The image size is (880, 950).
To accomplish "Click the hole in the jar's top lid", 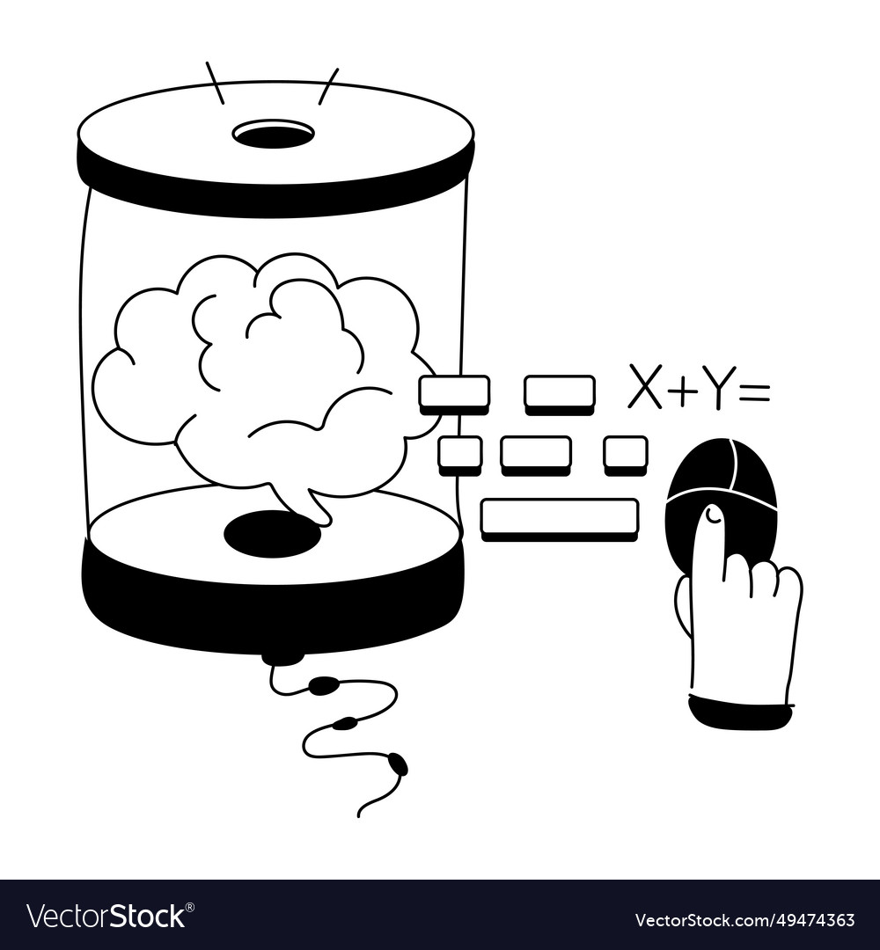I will (x=273, y=135).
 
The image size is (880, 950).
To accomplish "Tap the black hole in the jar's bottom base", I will (x=272, y=533).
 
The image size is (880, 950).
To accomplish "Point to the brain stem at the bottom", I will (x=304, y=504).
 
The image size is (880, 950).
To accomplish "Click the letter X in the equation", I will (x=644, y=387).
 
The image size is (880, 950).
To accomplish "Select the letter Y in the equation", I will (x=719, y=388).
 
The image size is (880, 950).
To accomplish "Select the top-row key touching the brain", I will (x=454, y=393).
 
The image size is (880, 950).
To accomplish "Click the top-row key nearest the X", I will (x=560, y=393).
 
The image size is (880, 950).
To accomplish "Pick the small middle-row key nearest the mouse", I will (x=626, y=454).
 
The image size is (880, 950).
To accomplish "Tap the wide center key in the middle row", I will (x=536, y=454).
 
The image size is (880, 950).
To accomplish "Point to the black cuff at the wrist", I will (x=740, y=711).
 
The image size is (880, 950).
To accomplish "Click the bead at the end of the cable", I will (x=398, y=764).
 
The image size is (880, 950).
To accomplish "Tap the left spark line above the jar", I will (x=215, y=83).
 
